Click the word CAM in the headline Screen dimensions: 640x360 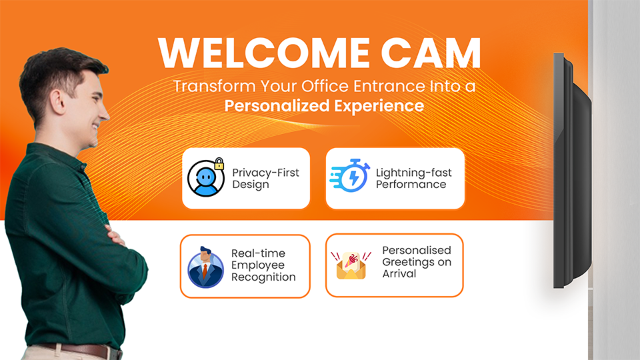[431, 53]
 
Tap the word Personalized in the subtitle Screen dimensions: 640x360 [277, 106]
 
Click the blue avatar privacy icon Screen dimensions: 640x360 [206, 178]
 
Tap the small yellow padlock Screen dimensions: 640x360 [219, 164]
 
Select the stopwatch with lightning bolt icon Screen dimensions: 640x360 [350, 175]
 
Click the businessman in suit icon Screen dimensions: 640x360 [205, 267]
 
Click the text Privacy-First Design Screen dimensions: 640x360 [265, 179]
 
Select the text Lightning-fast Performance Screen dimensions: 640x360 [413, 179]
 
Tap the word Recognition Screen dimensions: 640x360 [263, 277]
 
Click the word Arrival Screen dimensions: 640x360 [399, 273]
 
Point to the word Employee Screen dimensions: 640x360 [258, 265]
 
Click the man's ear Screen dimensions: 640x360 [57, 102]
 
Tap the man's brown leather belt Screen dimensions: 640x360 [81, 350]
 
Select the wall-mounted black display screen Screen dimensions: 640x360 [571, 171]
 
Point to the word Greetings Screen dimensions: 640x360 [408, 262]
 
